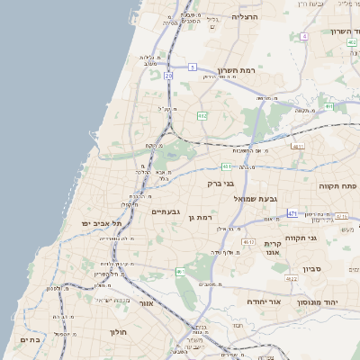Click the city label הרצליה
coord(245,17)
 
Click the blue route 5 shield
coord(193,67)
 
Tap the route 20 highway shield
coord(169,76)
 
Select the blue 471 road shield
coord(292,212)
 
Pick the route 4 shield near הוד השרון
coord(304,36)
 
